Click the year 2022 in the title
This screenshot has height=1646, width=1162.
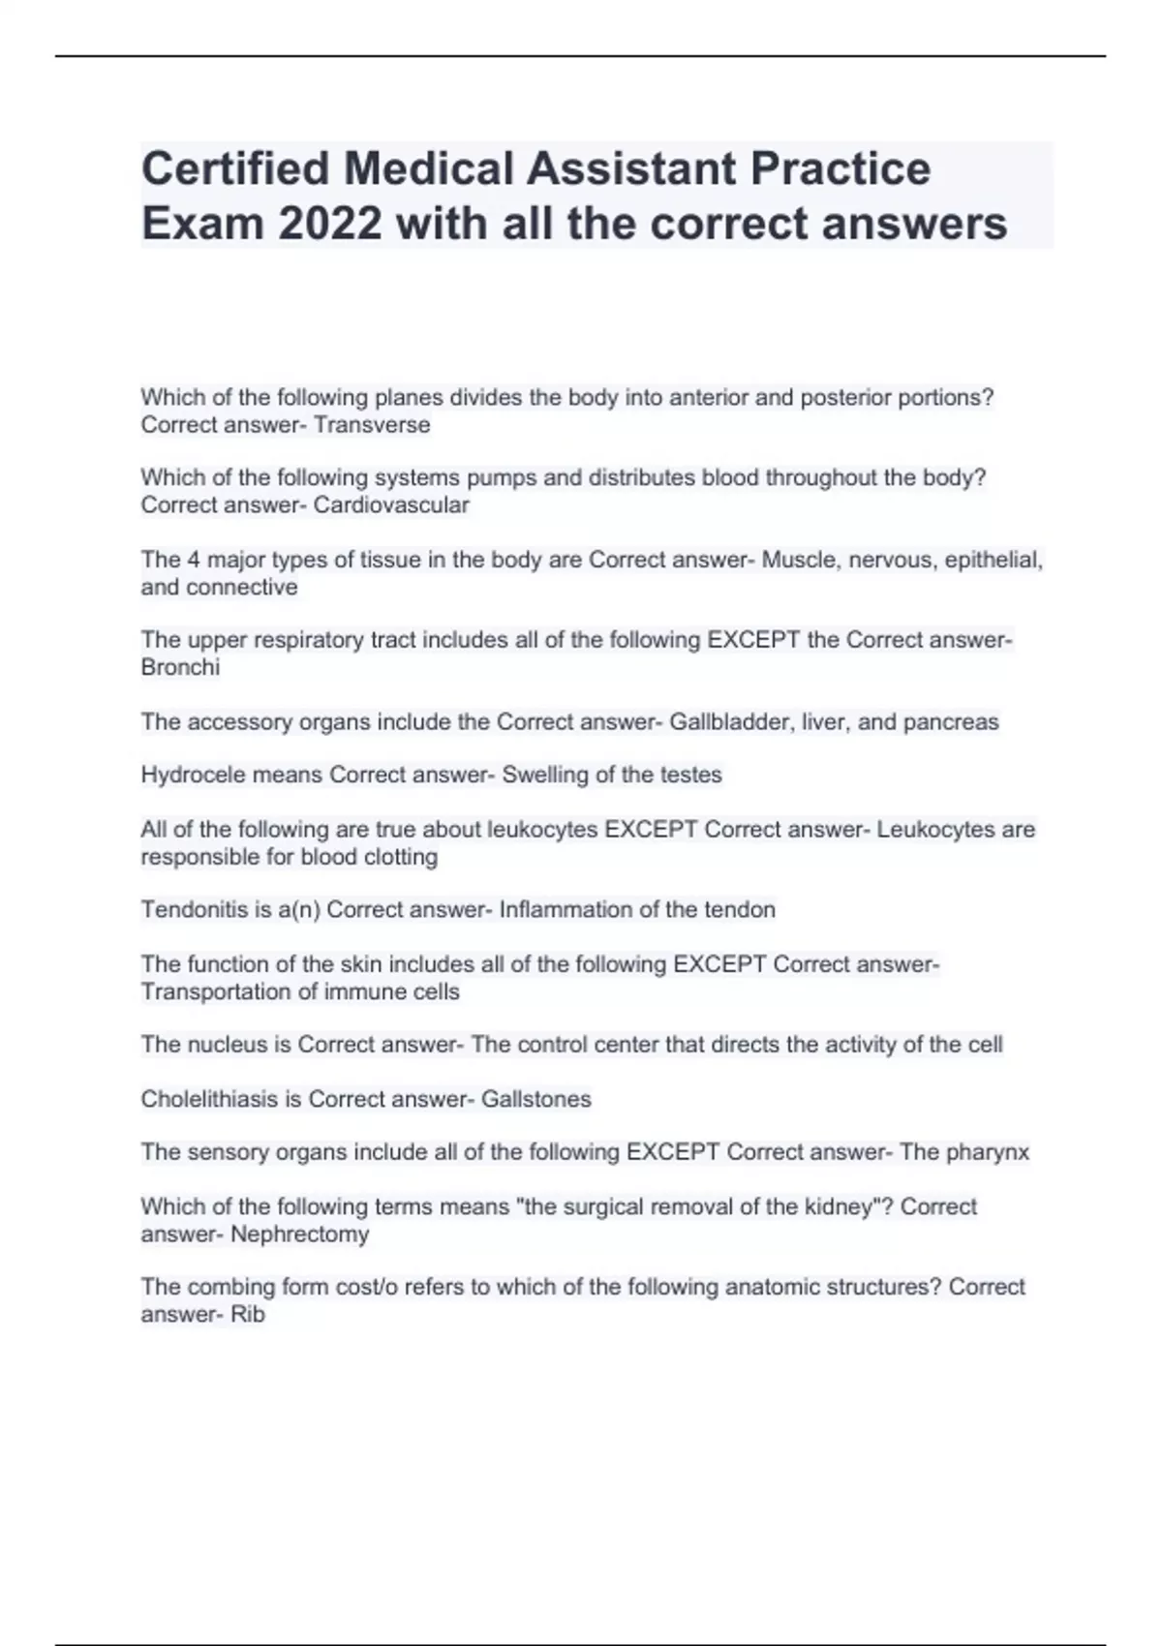330,224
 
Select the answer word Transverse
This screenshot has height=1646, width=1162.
372,425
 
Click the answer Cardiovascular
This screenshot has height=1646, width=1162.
391,505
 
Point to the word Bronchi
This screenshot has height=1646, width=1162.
180,668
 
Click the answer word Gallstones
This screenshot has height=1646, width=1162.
535,1100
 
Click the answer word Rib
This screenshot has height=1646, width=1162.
248,1315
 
